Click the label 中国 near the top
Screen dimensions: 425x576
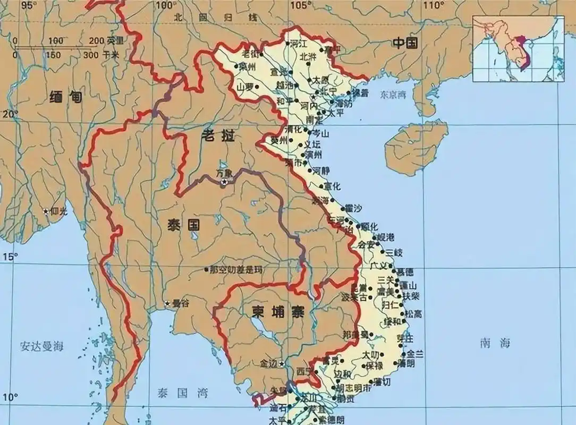pyautogui.click(x=405, y=44)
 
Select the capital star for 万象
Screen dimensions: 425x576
pyautogui.click(x=224, y=182)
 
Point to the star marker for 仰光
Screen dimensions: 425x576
pyautogui.click(x=47, y=212)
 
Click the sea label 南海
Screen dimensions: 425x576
pyautogui.click(x=495, y=343)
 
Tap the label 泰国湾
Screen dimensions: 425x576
pyautogui.click(x=181, y=393)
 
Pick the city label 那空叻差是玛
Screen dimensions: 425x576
pyautogui.click(x=236, y=270)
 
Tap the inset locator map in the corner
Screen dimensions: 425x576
pyautogui.click(x=518, y=49)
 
